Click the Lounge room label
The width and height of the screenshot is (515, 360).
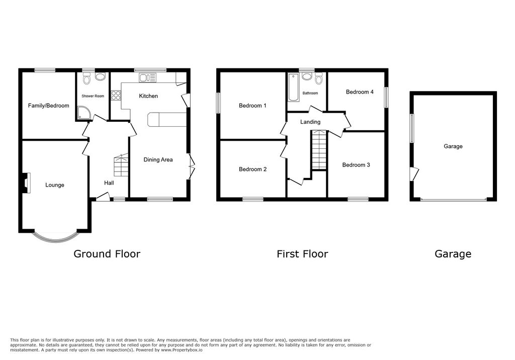(55, 185)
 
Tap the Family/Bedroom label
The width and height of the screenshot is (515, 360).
(48, 106)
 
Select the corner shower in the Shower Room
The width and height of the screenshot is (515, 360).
(84, 114)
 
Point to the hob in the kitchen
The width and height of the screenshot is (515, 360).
(116, 95)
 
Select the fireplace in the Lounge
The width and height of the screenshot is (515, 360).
(26, 182)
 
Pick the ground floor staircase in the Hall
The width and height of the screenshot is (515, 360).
(121, 165)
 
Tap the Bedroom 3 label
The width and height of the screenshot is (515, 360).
(356, 165)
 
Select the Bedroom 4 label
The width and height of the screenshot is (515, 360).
(360, 92)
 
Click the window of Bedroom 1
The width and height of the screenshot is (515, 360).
(219, 103)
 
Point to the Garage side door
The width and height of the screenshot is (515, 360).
(413, 174)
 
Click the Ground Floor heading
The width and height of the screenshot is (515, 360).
(107, 254)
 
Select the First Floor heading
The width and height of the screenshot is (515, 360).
(302, 254)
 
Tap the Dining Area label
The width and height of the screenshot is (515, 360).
(158, 160)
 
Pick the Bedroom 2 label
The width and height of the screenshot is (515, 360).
(252, 169)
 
